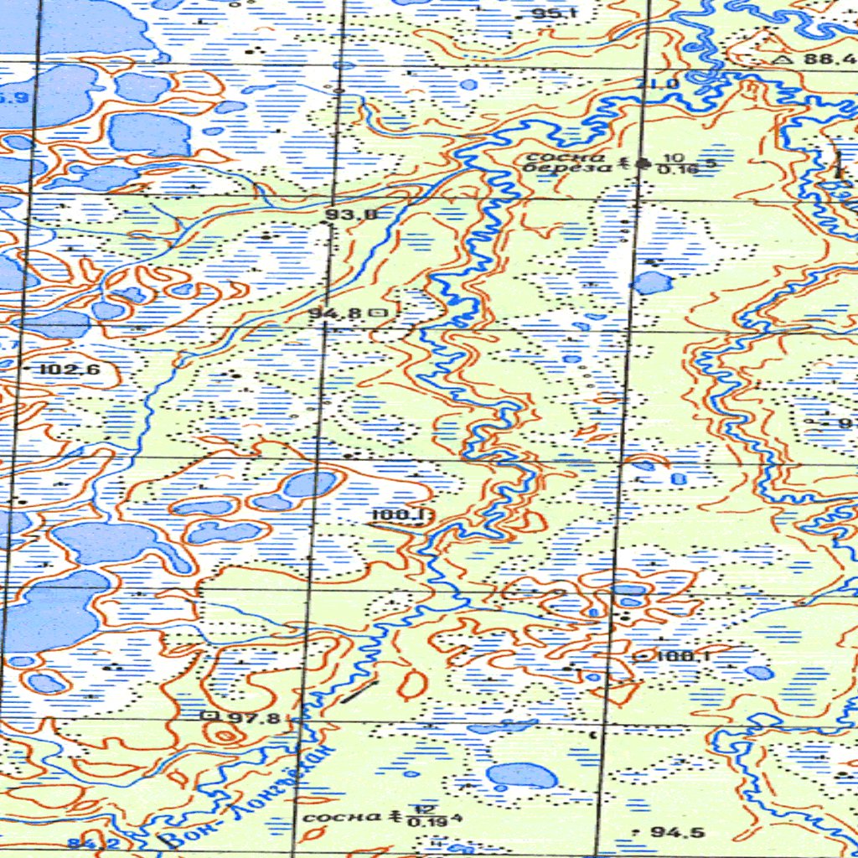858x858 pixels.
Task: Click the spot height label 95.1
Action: (555, 13)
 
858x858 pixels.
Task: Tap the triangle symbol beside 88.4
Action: (783, 59)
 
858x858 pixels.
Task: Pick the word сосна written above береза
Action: (553, 157)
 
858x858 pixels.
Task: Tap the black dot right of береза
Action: (643, 164)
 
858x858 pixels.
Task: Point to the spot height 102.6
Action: (70, 369)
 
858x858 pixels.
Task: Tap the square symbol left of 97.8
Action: (210, 716)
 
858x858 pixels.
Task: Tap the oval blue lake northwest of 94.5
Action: (520, 775)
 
